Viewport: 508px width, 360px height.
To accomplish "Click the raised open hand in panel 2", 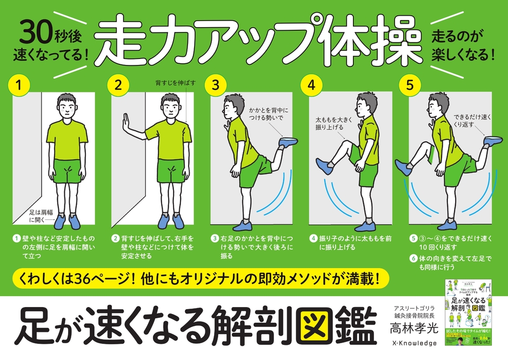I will point(126,123).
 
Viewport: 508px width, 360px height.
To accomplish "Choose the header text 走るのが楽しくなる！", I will point(464,46).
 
